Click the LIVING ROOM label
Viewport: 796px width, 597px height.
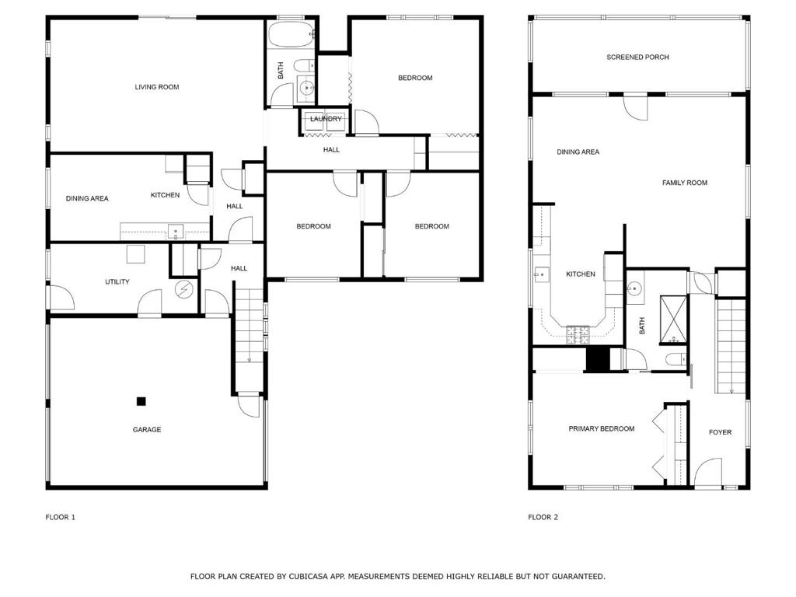click(157, 87)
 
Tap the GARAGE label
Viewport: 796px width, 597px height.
click(147, 429)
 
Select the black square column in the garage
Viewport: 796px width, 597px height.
click(141, 401)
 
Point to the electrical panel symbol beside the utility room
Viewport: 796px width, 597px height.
click(183, 289)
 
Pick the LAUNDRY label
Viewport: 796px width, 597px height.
click(326, 119)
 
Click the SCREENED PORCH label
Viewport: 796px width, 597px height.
click(637, 57)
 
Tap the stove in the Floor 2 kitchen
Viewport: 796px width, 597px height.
click(578, 335)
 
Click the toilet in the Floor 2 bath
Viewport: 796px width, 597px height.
click(676, 359)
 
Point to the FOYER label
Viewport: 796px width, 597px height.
click(721, 432)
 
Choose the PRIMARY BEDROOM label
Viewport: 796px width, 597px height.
click(602, 428)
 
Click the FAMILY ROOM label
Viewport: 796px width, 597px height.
click(685, 182)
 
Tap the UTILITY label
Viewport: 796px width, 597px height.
click(117, 281)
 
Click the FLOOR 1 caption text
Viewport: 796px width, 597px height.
click(61, 517)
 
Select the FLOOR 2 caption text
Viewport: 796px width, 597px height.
click(543, 517)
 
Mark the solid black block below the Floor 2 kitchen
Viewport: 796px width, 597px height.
click(598, 359)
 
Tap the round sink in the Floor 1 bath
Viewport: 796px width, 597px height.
click(306, 88)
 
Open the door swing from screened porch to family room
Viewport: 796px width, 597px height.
click(636, 107)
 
